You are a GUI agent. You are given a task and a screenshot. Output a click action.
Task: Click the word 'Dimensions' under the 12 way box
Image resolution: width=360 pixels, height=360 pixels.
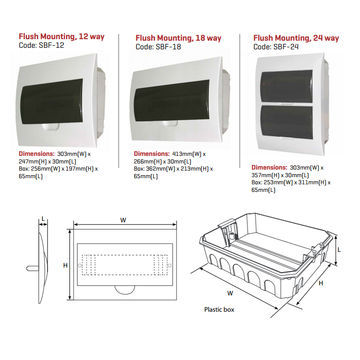pyautogui.click(x=38, y=152)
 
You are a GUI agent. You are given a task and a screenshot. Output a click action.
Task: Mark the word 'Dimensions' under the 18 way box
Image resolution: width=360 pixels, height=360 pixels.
pyautogui.click(x=155, y=153)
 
